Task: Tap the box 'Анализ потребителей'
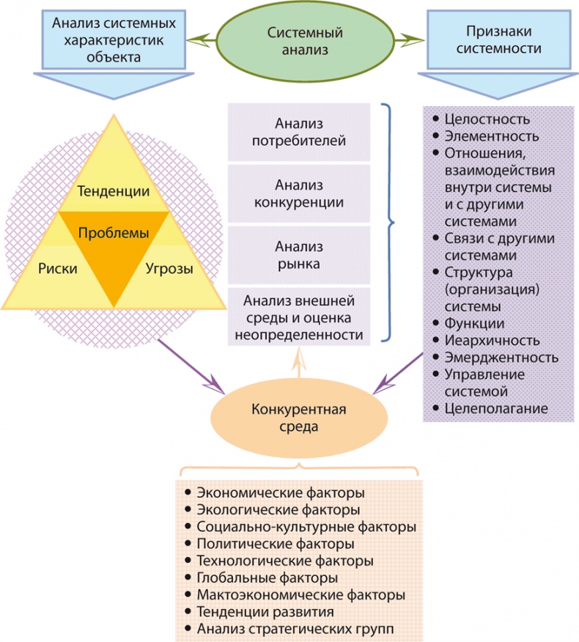299,131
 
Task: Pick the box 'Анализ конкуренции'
299,193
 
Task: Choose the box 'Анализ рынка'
299,254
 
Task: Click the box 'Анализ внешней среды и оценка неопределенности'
299,317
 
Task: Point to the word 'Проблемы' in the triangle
113,232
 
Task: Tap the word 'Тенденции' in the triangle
113,191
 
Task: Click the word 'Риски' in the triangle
58,268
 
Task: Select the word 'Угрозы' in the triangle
169,268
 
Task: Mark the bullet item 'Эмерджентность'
501,357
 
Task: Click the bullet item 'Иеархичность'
492,340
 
